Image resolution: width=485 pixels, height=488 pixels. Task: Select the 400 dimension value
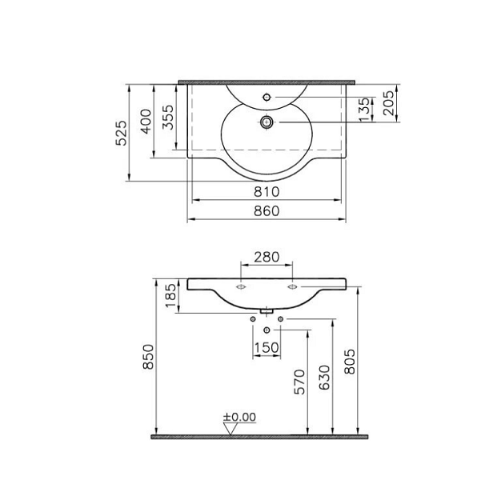146,122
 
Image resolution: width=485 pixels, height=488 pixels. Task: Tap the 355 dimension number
165,118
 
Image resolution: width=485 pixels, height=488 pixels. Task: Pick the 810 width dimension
266,192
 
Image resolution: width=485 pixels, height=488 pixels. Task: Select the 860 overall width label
266,211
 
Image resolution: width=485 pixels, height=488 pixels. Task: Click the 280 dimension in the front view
266,257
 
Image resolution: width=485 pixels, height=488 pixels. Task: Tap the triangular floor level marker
231,428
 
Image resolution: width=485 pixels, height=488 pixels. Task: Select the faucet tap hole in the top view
267,98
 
